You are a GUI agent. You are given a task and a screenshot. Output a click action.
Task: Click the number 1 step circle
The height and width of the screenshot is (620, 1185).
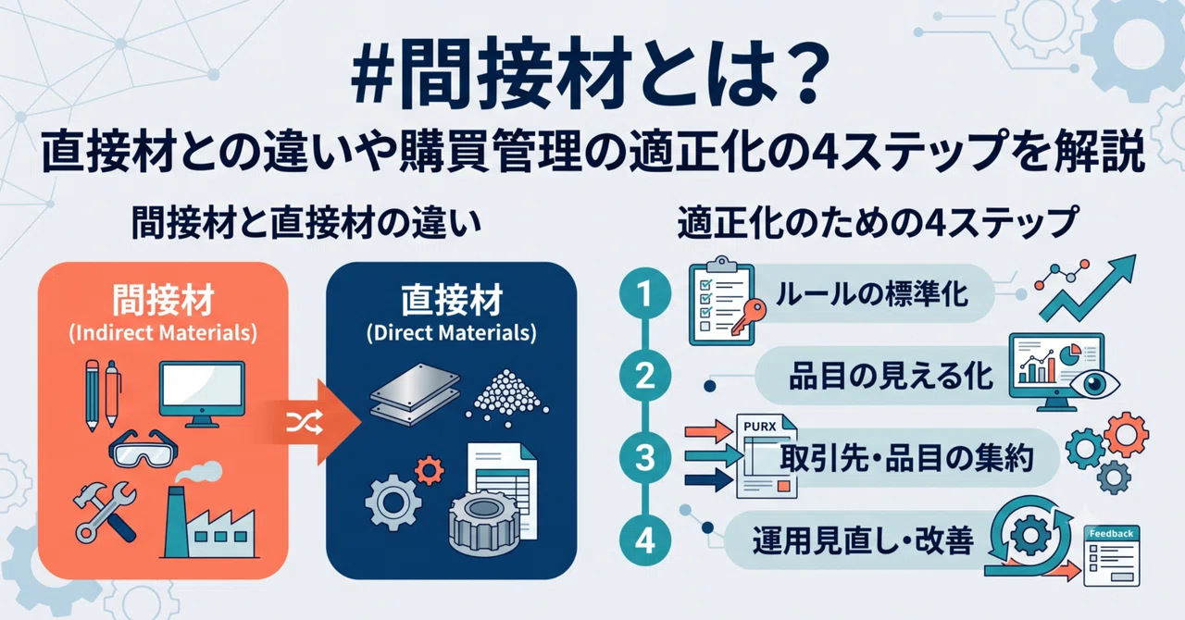(645, 293)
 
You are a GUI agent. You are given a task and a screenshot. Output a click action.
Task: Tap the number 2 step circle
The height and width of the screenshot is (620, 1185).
(645, 376)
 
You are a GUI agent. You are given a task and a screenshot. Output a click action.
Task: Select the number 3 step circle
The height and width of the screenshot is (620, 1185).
(645, 457)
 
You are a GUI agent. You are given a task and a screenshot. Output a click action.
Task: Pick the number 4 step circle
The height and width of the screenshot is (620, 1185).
(645, 540)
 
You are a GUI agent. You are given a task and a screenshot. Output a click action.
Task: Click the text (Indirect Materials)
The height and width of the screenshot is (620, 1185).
(163, 333)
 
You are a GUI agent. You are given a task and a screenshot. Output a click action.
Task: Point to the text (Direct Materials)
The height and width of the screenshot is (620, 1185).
(451, 333)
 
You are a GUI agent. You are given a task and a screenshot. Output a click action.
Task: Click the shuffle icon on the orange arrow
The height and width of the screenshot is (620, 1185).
(305, 422)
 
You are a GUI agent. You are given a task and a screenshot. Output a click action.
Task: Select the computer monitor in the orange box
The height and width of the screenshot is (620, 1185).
(202, 394)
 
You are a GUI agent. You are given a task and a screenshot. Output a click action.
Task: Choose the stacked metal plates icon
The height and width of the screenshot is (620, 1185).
(416, 394)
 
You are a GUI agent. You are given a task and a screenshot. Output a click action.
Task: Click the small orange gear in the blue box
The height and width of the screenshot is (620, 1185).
(429, 470)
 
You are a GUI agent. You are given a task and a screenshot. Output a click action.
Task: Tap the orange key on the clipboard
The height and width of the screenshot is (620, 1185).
(749, 316)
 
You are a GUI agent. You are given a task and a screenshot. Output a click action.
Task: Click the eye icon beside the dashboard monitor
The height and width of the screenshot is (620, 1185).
(1094, 385)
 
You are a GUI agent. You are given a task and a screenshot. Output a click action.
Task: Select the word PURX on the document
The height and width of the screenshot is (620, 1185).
(760, 427)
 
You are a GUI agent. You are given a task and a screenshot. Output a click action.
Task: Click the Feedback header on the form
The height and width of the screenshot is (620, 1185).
(1111, 533)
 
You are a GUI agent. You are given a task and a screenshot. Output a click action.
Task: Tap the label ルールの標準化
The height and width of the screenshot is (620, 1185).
(872, 294)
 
